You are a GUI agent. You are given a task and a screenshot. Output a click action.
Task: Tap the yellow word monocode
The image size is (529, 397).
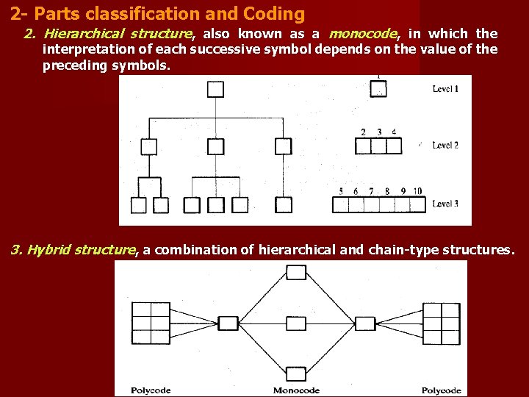click(364, 33)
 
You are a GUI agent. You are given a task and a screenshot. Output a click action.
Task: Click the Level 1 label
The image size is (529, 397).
click(445, 89)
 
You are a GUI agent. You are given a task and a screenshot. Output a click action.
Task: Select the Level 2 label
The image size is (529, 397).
click(445, 145)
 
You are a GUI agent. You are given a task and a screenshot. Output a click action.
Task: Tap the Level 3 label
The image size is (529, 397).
click(445, 204)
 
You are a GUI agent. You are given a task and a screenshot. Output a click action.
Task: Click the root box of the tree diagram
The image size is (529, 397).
click(215, 90)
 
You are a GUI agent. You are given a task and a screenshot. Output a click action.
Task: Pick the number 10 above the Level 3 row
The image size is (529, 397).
click(417, 191)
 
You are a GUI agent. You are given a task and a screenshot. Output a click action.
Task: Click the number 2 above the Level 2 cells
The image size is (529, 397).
click(363, 132)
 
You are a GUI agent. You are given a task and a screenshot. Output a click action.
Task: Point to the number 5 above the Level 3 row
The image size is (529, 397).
click(341, 191)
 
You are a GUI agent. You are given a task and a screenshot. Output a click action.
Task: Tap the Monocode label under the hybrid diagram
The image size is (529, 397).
click(296, 390)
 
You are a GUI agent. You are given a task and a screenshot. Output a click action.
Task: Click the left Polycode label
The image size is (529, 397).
click(151, 390)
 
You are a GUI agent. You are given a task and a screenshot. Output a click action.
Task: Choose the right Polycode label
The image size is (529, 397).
click(442, 390)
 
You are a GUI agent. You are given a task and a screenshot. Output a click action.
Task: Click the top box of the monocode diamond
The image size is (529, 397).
click(296, 273)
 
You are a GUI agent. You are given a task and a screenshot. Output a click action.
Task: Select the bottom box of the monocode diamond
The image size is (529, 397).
click(296, 373)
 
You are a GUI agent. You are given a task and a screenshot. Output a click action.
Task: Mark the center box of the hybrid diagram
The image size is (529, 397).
click(296, 323)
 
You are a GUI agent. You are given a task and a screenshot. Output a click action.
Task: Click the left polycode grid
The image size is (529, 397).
click(151, 323)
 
